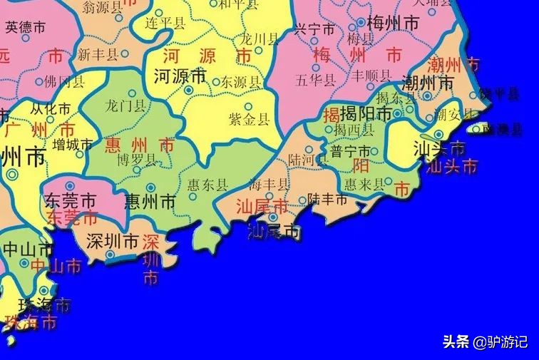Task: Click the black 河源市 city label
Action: click(180, 74)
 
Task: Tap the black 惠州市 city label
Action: click(149, 202)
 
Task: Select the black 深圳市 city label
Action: click(111, 242)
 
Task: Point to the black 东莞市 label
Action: click(70, 200)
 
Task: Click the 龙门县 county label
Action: click(125, 107)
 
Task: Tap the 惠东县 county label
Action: click(207, 185)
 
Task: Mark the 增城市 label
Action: click(73, 145)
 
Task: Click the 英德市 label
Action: click(25, 27)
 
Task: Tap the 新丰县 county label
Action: click(98, 54)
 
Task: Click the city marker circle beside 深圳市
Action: click(111, 254)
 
